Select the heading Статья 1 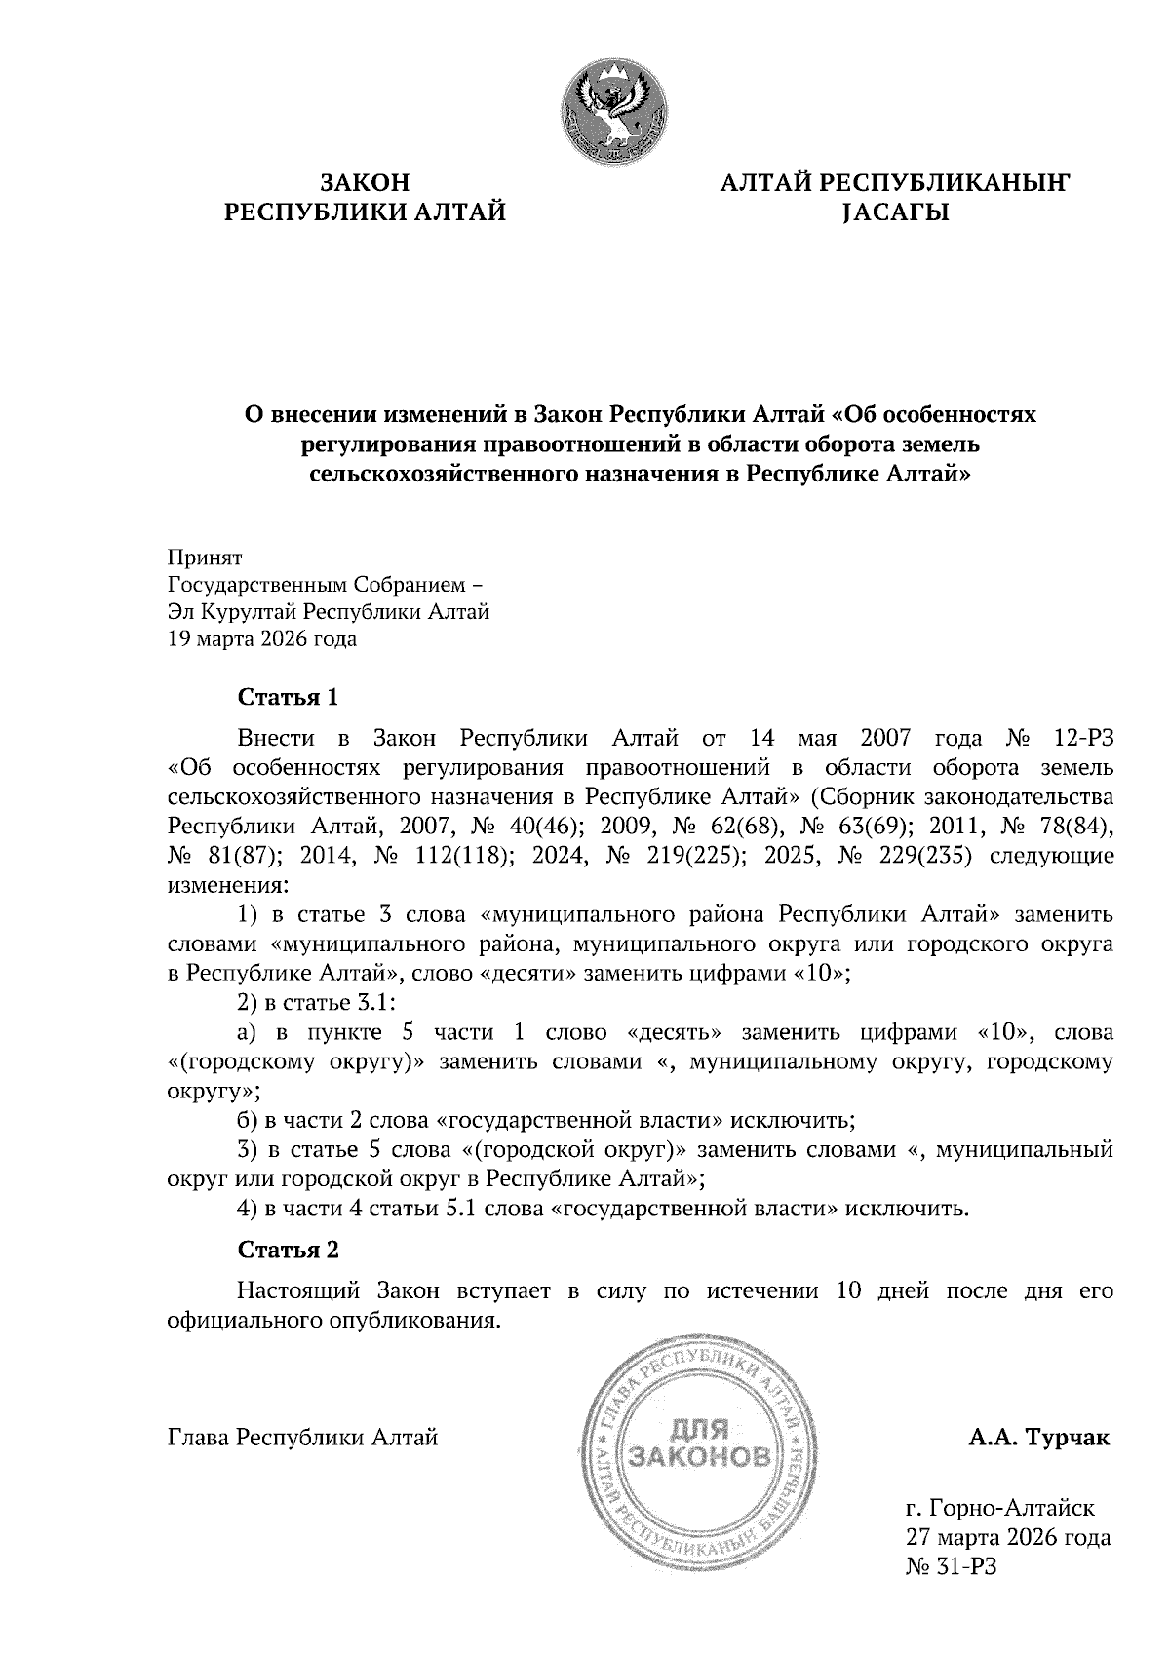point(289,697)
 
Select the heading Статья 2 point(289,1250)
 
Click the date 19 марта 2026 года point(262,639)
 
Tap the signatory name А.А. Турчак point(1039,1438)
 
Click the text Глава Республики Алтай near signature point(302,1438)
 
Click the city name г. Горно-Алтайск point(1000,1509)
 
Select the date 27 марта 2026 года point(1008,1538)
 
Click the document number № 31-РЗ point(952,1566)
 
